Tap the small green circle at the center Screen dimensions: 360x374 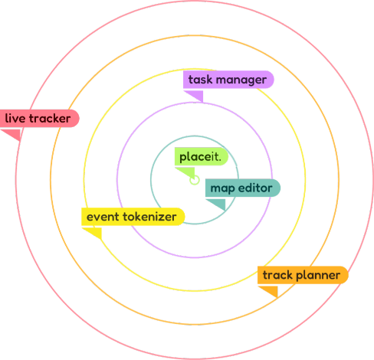click(x=195, y=180)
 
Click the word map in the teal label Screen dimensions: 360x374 click(x=222, y=188)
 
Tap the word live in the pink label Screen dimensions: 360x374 click(x=16, y=119)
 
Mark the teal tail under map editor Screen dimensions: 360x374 click(x=218, y=203)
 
